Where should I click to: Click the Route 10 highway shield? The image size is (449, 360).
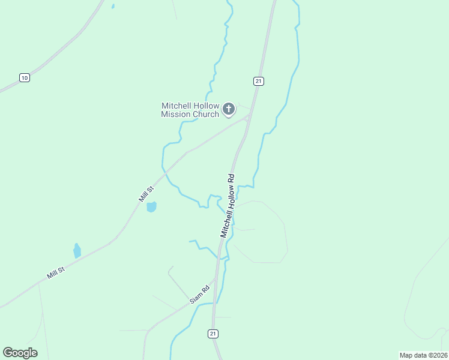pos(24,77)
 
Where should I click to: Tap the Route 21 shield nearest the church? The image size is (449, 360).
pos(258,81)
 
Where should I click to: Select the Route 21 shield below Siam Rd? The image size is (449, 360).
pos(214,334)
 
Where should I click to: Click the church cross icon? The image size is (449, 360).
pos(228,109)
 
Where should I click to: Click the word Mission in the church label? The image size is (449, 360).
pos(176,115)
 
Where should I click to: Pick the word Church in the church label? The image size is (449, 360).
pos(206,115)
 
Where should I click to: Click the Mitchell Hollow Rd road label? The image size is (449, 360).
pos(227,206)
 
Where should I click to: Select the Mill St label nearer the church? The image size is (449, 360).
pos(146,194)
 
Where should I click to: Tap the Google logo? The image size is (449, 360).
pos(20,352)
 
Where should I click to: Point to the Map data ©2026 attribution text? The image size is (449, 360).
pos(423,355)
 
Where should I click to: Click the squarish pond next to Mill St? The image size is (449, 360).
pos(151,207)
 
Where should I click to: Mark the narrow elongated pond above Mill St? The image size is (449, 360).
pos(77,251)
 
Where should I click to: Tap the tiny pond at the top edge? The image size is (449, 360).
pos(112,6)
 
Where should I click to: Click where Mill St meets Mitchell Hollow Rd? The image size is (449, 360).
pos(247,118)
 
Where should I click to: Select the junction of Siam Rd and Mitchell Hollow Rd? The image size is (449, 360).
pos(214,280)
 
